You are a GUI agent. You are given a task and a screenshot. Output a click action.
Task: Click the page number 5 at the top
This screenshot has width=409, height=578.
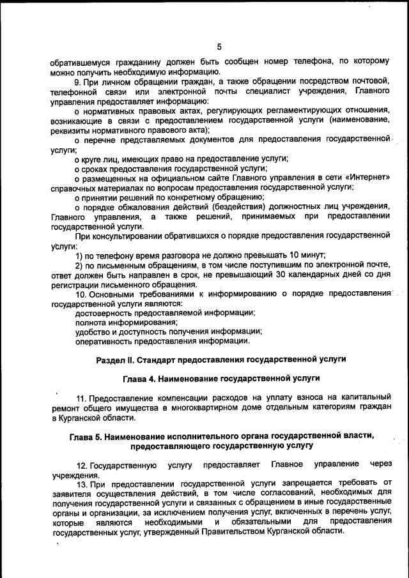coord(219,47)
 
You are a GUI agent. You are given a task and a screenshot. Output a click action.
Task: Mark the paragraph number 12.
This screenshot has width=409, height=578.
coord(81,464)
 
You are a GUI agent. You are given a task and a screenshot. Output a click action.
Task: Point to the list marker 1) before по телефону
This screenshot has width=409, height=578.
coord(79,255)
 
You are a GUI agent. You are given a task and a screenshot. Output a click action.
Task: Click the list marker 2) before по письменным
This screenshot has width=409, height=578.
coord(79,265)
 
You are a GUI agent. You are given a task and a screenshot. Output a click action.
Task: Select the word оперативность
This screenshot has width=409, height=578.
coord(105,341)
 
